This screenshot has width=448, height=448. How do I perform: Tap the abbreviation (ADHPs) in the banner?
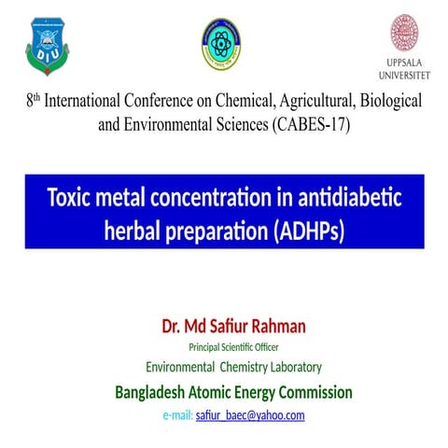click(x=309, y=230)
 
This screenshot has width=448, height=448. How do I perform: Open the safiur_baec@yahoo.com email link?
click(x=250, y=415)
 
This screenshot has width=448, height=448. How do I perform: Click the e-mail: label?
click(x=177, y=415)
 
